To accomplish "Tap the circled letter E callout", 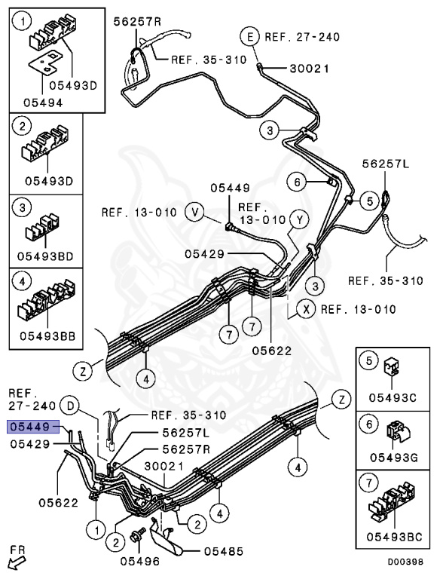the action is tap(251, 37).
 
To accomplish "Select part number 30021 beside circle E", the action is tap(309, 69).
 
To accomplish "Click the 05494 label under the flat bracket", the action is tap(43, 103).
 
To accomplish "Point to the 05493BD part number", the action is tap(45, 256).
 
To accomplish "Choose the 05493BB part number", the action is tap(47, 336).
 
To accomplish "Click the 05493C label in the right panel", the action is tap(393, 398).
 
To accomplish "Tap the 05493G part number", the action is tap(394, 458).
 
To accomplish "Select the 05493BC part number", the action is tap(394, 537).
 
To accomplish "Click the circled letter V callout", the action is tap(195, 213).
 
